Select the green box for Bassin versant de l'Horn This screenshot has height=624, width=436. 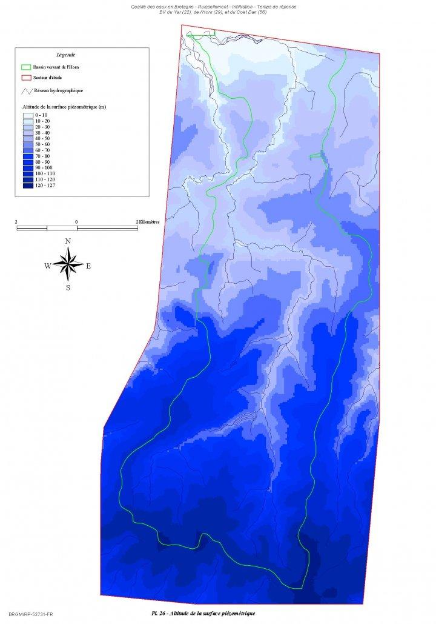[25, 67]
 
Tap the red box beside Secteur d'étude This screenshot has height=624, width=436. [25, 78]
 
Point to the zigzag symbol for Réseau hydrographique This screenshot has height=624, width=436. [26, 91]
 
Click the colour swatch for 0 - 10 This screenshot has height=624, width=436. [28, 115]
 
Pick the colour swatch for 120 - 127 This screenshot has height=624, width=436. [28, 186]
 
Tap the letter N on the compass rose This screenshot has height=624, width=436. [68, 241]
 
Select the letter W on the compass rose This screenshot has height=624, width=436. [48, 266]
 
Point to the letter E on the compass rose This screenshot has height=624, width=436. [88, 266]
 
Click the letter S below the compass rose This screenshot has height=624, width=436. [68, 288]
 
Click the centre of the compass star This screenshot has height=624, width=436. [68, 264]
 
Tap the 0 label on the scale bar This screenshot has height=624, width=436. [76, 222]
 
